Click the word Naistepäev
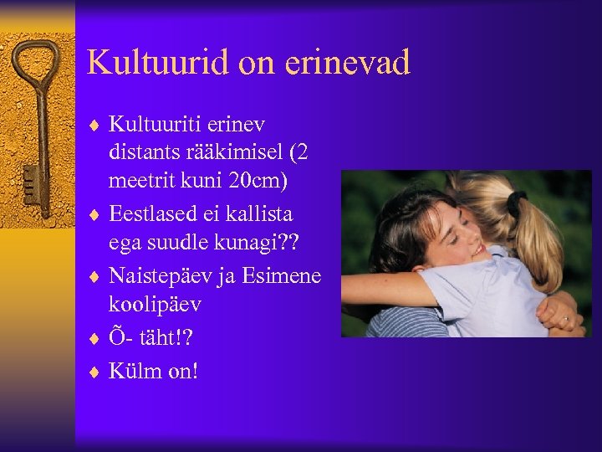point(171,275)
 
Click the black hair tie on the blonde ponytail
point(516,201)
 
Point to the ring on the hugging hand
point(565,318)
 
